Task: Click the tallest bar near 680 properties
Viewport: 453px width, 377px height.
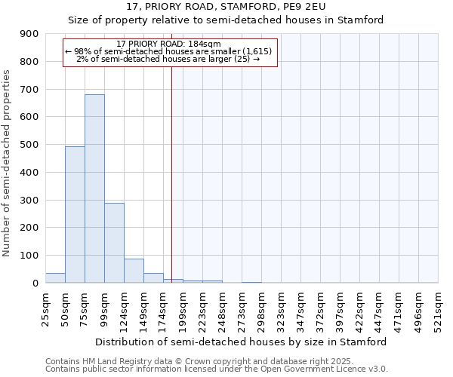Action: tap(94, 188)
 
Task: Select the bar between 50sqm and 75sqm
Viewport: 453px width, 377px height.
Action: tap(75, 215)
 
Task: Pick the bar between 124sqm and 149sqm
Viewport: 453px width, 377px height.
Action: tap(134, 271)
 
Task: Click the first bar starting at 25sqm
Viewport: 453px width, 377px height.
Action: tap(55, 278)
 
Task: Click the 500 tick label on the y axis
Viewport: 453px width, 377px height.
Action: tap(29, 145)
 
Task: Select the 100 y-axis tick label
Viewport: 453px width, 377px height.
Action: tap(29, 256)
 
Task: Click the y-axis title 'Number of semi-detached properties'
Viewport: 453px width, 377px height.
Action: tap(8, 162)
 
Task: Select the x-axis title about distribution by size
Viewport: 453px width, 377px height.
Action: tap(241, 342)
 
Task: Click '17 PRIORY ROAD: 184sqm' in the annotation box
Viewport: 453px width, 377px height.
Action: tap(170, 44)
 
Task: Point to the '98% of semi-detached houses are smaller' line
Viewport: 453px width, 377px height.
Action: tap(170, 51)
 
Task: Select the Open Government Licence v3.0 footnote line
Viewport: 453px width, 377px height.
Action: tap(217, 369)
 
